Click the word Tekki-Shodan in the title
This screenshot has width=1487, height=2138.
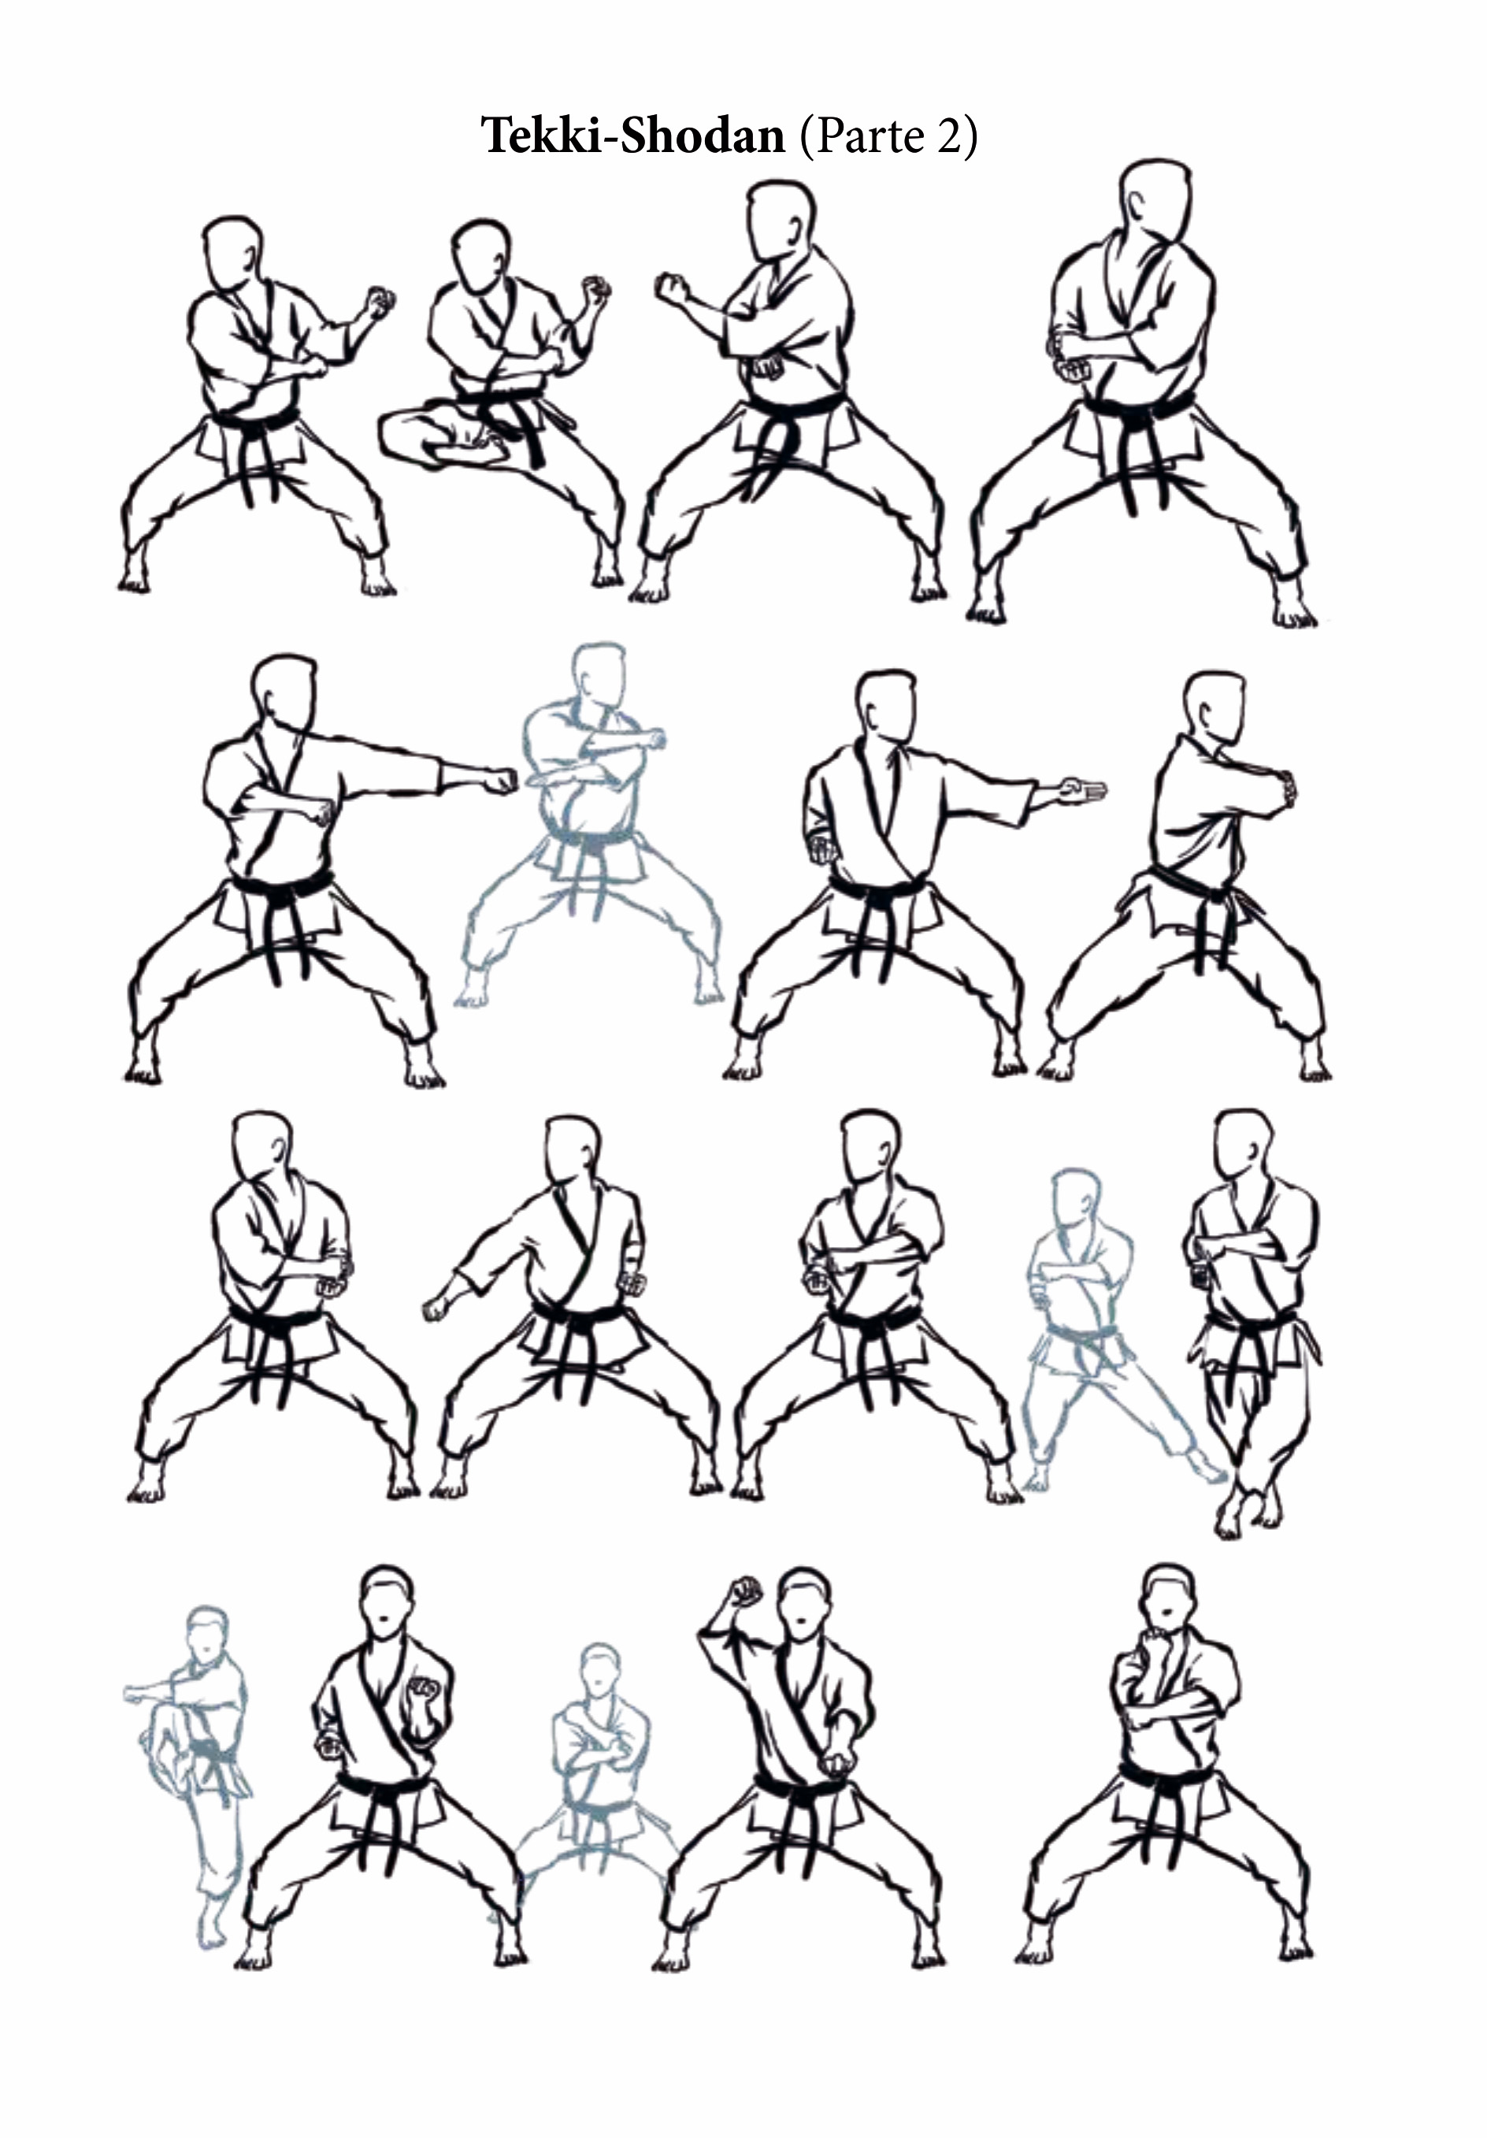coord(633,136)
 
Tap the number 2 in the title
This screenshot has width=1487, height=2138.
coord(949,136)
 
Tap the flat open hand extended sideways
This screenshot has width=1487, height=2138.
coord(1082,789)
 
